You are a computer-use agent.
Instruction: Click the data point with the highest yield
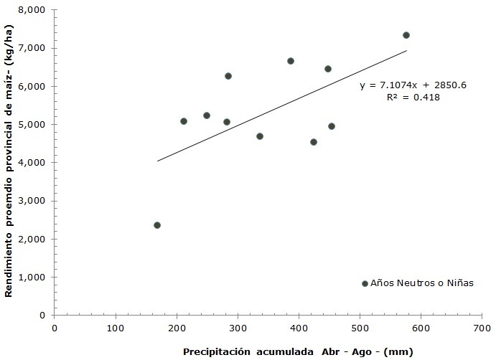click(x=406, y=35)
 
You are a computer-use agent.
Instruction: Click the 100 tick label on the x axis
click(x=116, y=328)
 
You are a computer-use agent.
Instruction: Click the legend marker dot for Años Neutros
click(x=365, y=284)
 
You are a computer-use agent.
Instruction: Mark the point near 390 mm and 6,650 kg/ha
click(x=291, y=61)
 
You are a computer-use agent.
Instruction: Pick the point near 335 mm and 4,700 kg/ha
click(x=260, y=136)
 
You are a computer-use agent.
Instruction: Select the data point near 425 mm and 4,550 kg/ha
click(x=314, y=142)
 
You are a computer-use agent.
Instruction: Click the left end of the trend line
click(x=157, y=161)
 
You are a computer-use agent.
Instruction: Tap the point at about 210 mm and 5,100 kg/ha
click(x=184, y=121)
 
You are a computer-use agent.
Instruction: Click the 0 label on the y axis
click(x=43, y=316)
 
